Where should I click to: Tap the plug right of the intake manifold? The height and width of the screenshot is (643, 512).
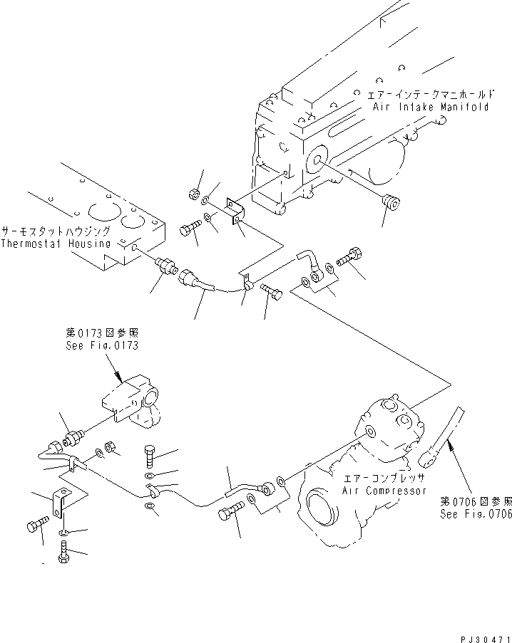[x=391, y=202]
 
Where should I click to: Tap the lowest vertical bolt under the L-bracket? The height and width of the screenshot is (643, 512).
[x=65, y=553]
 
